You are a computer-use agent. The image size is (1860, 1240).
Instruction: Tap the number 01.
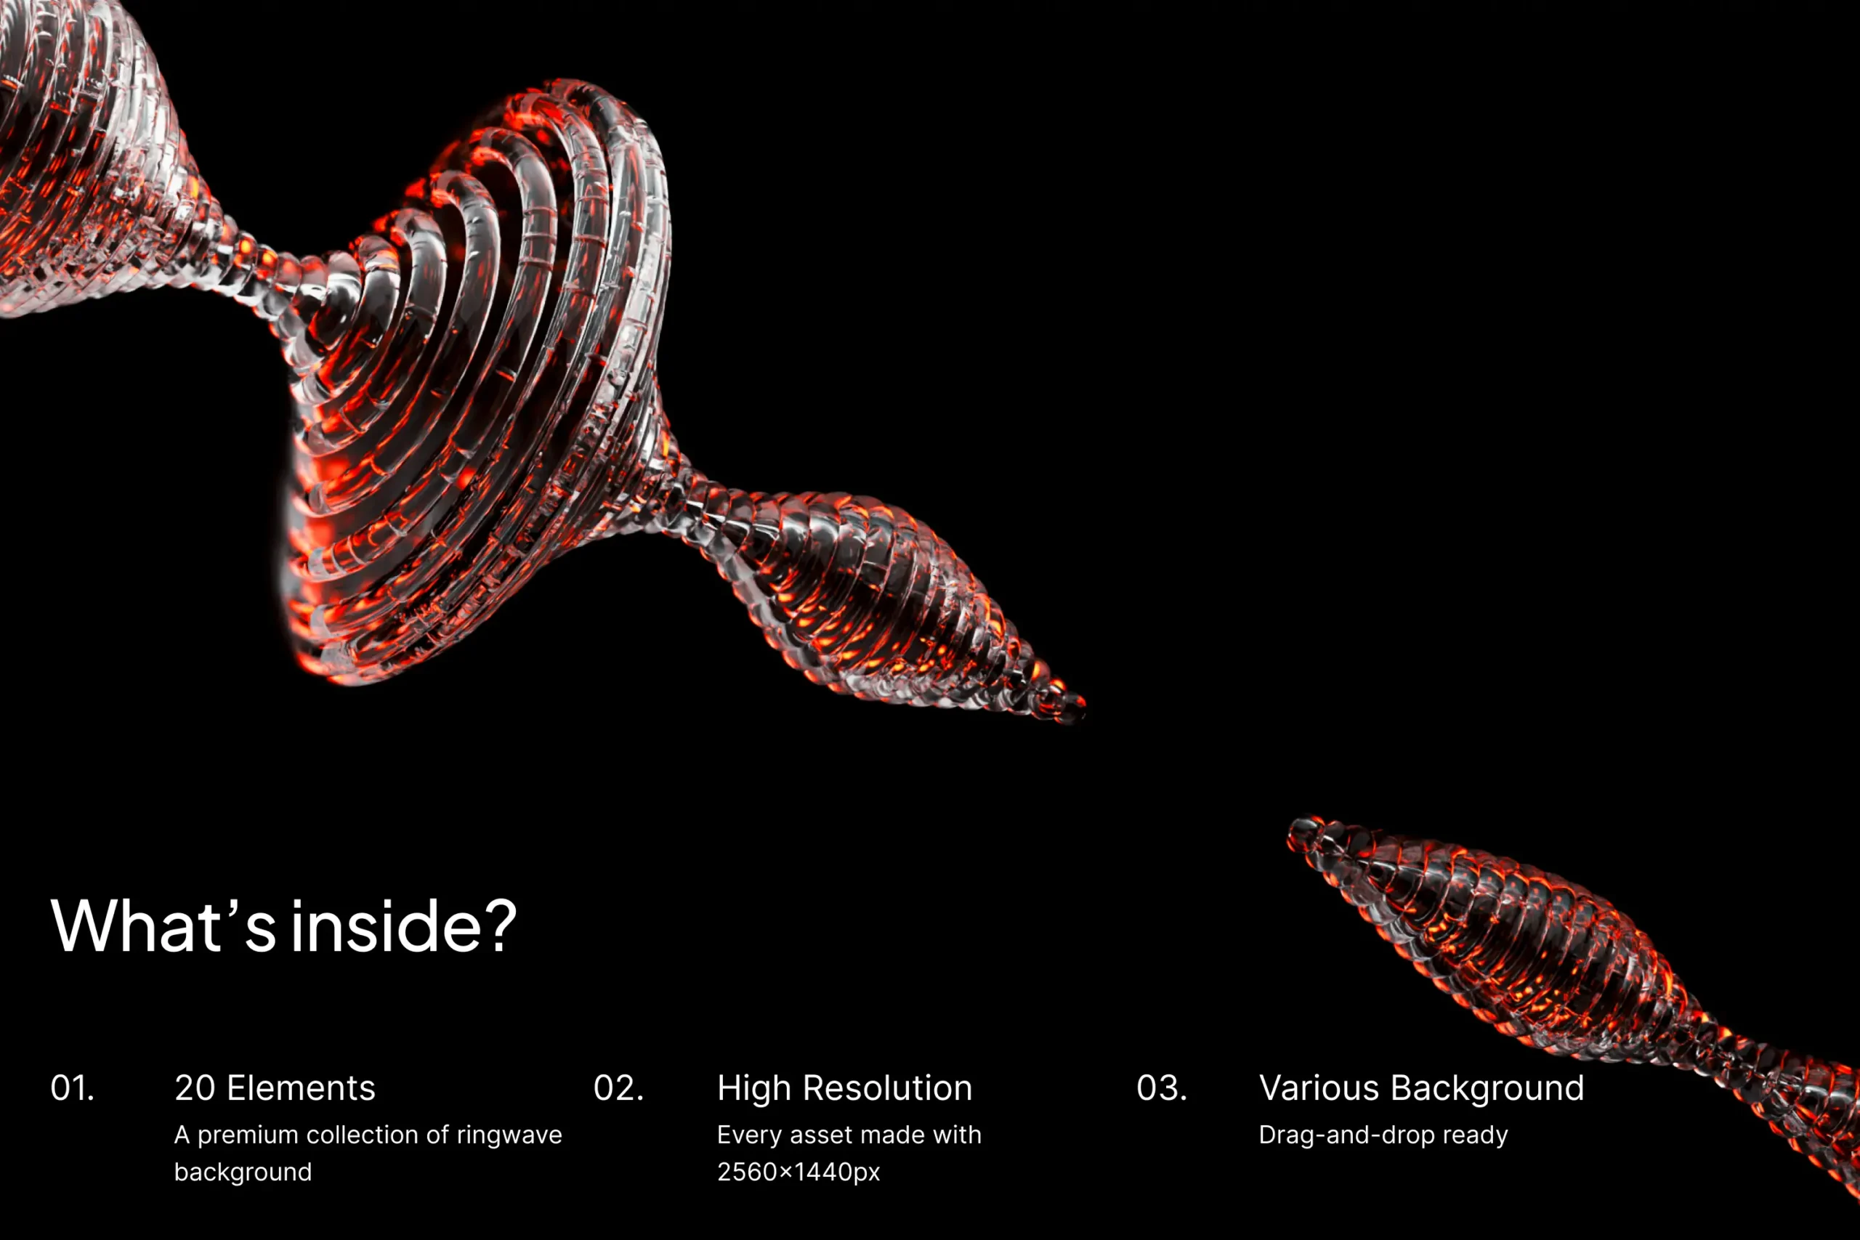click(x=72, y=1088)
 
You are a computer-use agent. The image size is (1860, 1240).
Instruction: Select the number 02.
click(x=618, y=1088)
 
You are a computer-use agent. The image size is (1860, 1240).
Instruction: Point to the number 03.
click(x=1162, y=1088)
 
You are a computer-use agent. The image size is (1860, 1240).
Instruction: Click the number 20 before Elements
click(x=195, y=1088)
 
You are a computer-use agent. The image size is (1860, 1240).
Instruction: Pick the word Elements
click(x=302, y=1088)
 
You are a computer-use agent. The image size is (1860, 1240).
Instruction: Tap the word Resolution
click(x=887, y=1088)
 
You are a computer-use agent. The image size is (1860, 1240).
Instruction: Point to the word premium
click(x=248, y=1136)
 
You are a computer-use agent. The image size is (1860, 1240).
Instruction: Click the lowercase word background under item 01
click(x=243, y=1172)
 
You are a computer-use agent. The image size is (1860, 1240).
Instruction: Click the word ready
click(x=1476, y=1136)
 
